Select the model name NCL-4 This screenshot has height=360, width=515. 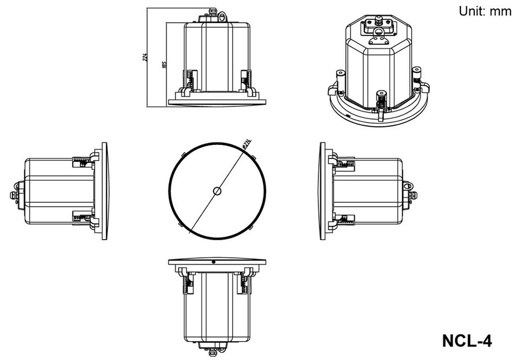pyautogui.click(x=466, y=341)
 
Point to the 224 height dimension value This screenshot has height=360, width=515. pyautogui.click(x=145, y=57)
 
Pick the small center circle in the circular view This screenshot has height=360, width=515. pyautogui.click(x=217, y=191)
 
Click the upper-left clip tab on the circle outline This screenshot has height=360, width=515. pyautogui.click(x=183, y=154)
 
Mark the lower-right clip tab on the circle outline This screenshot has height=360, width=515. pyautogui.click(x=252, y=228)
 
